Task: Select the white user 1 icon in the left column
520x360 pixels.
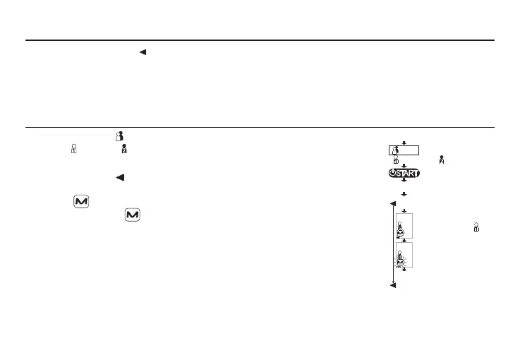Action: [73, 150]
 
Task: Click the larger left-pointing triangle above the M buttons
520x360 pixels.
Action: [119, 177]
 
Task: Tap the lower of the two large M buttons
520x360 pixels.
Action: [132, 214]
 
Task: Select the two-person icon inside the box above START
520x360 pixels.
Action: [396, 150]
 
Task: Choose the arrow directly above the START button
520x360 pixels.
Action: [404, 166]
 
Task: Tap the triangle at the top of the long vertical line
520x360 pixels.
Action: [393, 205]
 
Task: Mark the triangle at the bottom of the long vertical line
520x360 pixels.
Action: [393, 285]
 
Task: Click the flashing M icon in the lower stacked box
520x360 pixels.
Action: [401, 263]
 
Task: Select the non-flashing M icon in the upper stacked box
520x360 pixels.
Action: [401, 233]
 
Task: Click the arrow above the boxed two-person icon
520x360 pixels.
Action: [404, 143]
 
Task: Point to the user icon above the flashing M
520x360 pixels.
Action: [400, 253]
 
